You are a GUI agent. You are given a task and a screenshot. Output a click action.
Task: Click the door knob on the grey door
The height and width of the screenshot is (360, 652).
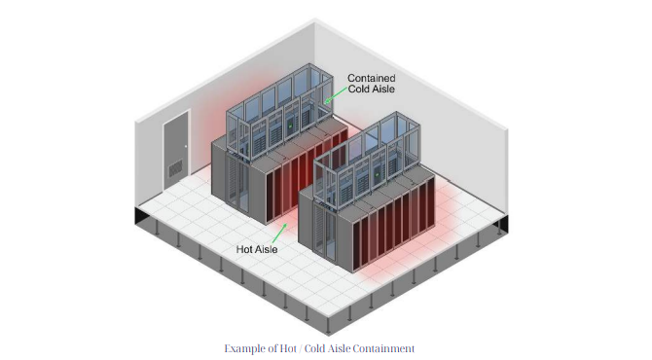click(x=186, y=146)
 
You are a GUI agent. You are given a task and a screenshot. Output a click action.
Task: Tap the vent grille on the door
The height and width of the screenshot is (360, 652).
click(x=175, y=168)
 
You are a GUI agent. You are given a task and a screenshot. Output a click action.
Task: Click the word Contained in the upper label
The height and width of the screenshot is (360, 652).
click(x=372, y=78)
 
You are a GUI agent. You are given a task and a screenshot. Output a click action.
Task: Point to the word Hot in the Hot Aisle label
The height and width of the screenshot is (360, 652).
click(x=244, y=249)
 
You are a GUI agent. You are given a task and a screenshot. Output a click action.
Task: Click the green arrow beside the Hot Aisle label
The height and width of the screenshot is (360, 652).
click(x=279, y=234)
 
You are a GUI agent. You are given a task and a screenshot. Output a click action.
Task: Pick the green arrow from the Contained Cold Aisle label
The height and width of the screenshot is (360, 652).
click(x=335, y=94)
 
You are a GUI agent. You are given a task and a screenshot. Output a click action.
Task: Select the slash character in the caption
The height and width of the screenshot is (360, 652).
click(x=300, y=348)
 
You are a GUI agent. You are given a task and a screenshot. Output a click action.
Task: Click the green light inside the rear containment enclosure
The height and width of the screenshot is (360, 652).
click(x=290, y=126)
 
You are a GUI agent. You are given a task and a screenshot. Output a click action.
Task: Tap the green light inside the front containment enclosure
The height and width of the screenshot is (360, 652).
click(x=378, y=174)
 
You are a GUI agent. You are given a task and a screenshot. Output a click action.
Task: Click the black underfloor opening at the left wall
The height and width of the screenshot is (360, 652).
click(x=141, y=216)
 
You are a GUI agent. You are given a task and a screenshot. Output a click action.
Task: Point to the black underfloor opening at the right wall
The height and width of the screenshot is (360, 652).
click(x=502, y=224)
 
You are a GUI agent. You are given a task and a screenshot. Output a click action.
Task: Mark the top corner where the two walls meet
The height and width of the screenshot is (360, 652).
click(x=314, y=19)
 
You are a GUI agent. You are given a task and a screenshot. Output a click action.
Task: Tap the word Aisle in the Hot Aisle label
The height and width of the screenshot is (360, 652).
click(x=267, y=249)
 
